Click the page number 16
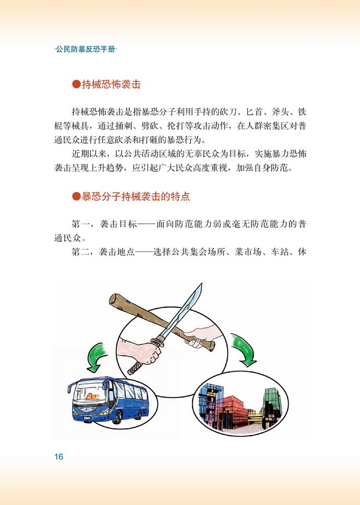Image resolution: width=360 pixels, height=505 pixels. tap(59, 456)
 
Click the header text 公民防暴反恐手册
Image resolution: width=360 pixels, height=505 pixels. tap(86, 49)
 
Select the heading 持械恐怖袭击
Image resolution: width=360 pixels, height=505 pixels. tap(111, 84)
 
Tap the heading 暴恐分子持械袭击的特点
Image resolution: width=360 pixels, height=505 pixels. tap(135, 196)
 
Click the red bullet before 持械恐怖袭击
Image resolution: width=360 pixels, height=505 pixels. tap(76, 84)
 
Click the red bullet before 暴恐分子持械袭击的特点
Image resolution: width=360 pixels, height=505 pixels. tap(76, 196)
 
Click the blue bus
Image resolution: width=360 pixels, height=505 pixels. tap(108, 400)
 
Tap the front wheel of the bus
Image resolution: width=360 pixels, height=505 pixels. tap(117, 416)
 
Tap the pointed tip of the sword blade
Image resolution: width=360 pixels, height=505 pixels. tap(201, 284)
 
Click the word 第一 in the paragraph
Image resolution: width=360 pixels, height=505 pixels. tap(80, 224)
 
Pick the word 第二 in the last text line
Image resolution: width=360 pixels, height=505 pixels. tap(80, 252)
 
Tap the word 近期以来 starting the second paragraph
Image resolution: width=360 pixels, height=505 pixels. tap(89, 154)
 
